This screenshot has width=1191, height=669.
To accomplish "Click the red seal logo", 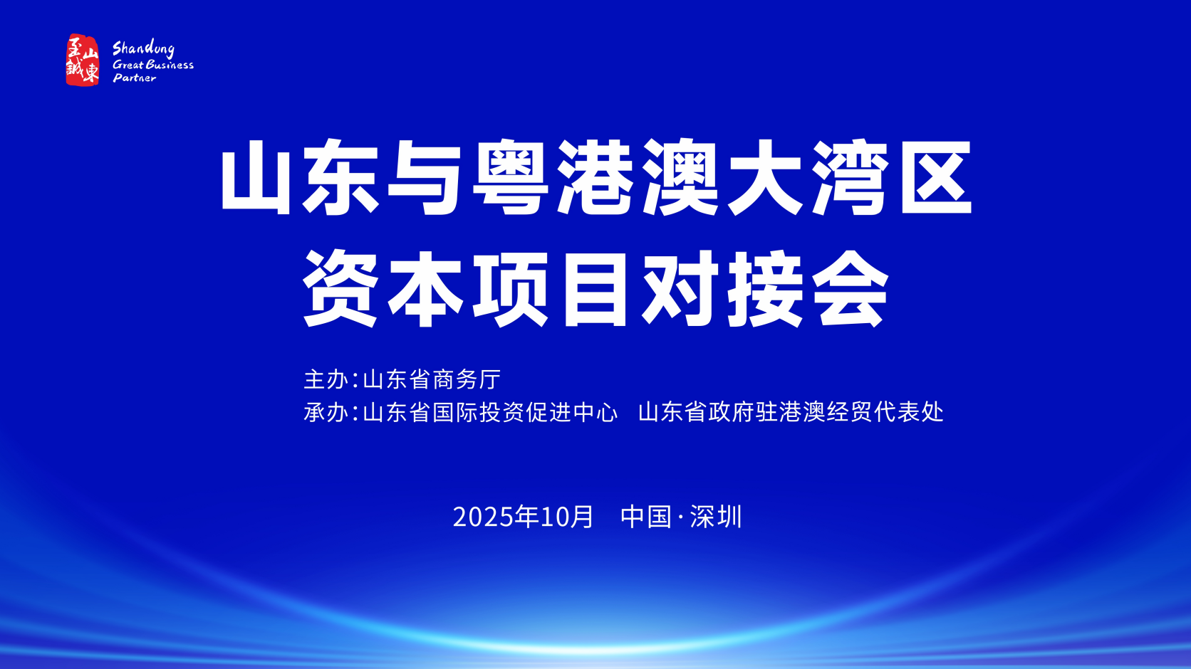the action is click(83, 60).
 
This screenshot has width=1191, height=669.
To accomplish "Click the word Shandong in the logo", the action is click(143, 49).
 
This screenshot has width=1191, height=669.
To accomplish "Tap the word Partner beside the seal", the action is click(135, 78).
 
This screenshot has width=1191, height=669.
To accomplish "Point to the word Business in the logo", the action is click(170, 65).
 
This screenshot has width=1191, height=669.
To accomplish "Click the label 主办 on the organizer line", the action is click(326, 379).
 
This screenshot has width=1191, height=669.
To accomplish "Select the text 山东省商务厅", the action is click(432, 379).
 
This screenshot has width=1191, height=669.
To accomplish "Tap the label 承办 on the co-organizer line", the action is click(326, 412).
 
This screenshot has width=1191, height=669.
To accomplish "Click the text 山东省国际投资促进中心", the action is click(490, 412).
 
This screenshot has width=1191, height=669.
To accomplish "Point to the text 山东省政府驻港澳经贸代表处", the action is click(791, 412).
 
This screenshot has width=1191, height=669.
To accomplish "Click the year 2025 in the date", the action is click(484, 517).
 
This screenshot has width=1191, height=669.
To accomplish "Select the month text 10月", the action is click(566, 517).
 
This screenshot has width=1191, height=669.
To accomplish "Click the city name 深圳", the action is click(716, 517).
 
